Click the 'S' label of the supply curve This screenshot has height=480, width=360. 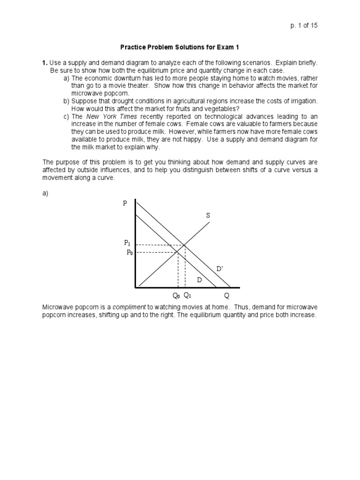click(208, 216)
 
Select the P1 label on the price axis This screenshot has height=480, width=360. click(127, 243)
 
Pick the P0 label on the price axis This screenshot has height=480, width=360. click(130, 252)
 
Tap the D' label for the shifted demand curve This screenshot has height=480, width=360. click(219, 269)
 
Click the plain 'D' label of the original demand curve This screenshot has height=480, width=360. click(199, 279)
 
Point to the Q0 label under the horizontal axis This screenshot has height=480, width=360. click(176, 296)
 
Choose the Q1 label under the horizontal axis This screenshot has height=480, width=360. click(187, 296)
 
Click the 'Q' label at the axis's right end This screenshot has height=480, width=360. click(227, 296)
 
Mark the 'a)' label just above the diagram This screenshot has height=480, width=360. click(45, 193)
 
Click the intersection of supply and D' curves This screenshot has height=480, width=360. click(185, 245)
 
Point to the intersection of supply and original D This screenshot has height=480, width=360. click(178, 252)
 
